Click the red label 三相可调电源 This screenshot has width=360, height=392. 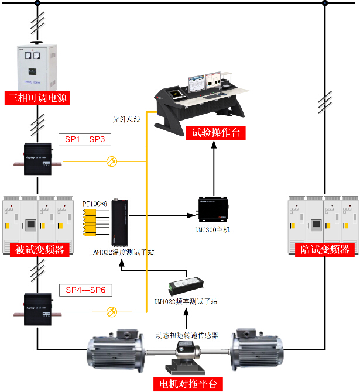[37, 98]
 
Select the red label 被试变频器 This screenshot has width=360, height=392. [37, 250]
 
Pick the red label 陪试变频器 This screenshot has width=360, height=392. [323, 249]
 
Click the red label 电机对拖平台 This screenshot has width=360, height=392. [188, 384]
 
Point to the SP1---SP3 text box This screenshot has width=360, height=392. [84, 140]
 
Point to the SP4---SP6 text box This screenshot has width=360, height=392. [84, 290]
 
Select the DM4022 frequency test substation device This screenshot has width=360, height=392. [186, 286]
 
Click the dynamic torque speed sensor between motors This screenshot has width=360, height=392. [187, 355]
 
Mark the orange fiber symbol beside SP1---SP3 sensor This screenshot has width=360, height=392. [112, 161]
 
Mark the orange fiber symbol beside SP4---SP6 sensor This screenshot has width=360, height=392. [112, 312]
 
